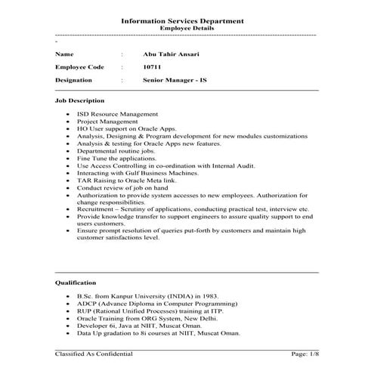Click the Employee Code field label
tap(79, 66)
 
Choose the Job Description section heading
tap(80, 100)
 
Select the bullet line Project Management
tap(107, 121)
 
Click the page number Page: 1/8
tap(299, 354)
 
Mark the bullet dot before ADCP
tap(68, 304)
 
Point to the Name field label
tap(65, 55)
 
